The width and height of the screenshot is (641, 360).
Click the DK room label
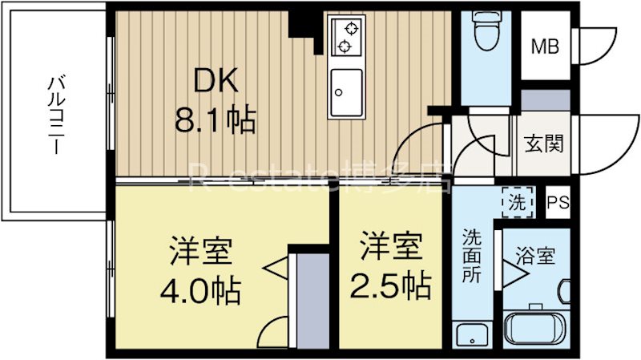212,82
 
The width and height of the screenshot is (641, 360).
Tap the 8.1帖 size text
215,120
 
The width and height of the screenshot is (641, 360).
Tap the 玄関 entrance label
543,144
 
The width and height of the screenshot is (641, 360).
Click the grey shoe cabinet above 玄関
545,100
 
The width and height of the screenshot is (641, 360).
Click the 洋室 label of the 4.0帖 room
200,250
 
